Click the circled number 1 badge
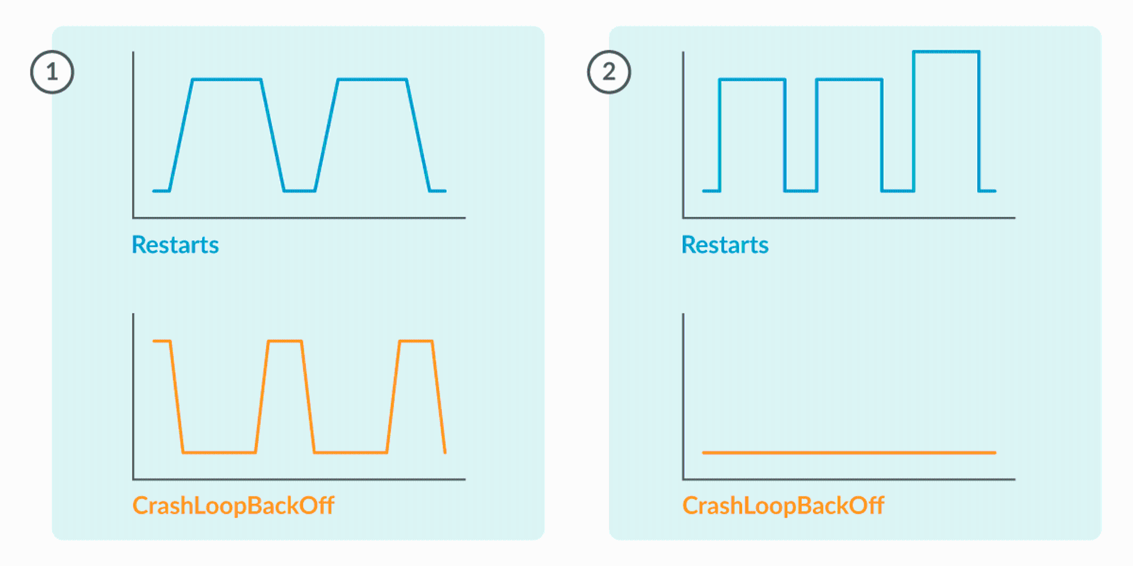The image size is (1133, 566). tap(52, 72)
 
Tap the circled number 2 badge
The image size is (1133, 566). tap(609, 72)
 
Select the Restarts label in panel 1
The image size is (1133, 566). tap(175, 245)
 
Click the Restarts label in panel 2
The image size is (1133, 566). tap(725, 245)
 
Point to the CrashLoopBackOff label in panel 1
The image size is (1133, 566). tap(233, 505)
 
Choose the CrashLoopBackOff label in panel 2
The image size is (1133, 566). tap(783, 505)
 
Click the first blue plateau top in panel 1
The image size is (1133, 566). tap(227, 79)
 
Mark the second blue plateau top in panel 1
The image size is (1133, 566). tap(372, 79)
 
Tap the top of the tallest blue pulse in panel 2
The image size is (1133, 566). tap(946, 52)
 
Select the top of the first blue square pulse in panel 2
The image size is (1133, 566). tap(752, 79)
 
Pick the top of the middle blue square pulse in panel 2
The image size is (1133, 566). tap(849, 79)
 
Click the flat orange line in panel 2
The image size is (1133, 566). tap(849, 452)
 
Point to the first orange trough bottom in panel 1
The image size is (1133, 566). tap(219, 452)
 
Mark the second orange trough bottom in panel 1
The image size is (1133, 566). tap(351, 452)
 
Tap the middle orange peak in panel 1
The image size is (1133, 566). tap(284, 341)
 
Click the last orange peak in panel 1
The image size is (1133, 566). tap(416, 341)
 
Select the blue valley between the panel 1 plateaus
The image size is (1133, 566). tap(300, 191)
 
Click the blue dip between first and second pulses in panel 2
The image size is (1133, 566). tap(801, 191)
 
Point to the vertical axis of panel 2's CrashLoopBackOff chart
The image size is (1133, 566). tap(683, 396)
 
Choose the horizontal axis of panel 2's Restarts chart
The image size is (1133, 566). tap(849, 217)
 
